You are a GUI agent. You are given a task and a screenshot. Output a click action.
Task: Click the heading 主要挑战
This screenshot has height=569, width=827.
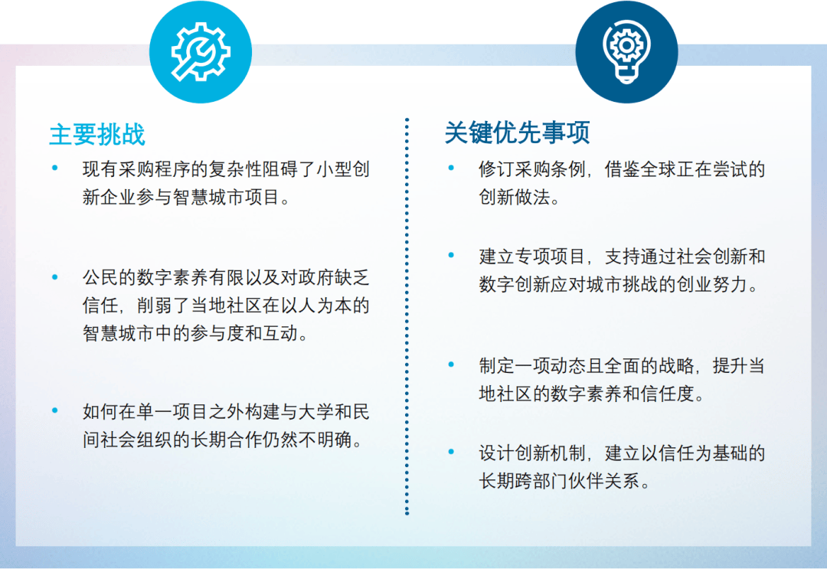pyautogui.click(x=97, y=134)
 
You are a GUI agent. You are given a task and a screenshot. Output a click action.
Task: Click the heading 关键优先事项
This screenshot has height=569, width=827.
pyautogui.click(x=517, y=132)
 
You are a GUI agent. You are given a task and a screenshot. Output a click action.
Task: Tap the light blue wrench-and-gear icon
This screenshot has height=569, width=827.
pyautogui.click(x=201, y=51)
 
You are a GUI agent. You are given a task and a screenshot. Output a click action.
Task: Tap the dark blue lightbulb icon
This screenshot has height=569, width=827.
pyautogui.click(x=626, y=51)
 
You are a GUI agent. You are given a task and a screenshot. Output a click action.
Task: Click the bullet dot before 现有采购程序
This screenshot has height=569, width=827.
pyautogui.click(x=55, y=168)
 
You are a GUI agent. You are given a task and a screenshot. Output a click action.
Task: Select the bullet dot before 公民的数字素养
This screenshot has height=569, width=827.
pyautogui.click(x=55, y=277)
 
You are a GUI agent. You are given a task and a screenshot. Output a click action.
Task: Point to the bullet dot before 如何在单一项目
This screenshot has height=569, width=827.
pyautogui.click(x=55, y=410)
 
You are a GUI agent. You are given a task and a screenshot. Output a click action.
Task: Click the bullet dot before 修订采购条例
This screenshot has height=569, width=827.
pyautogui.click(x=451, y=168)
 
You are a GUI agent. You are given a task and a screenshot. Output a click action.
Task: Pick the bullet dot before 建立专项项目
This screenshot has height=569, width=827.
pyautogui.click(x=451, y=255)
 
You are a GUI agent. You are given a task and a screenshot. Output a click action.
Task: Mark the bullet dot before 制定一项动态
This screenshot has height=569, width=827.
pyautogui.click(x=451, y=365)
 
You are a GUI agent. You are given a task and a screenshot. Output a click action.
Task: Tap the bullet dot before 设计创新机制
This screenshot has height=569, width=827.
pyautogui.click(x=451, y=451)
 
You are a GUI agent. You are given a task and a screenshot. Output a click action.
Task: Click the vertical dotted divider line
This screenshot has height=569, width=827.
pyautogui.click(x=407, y=316)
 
